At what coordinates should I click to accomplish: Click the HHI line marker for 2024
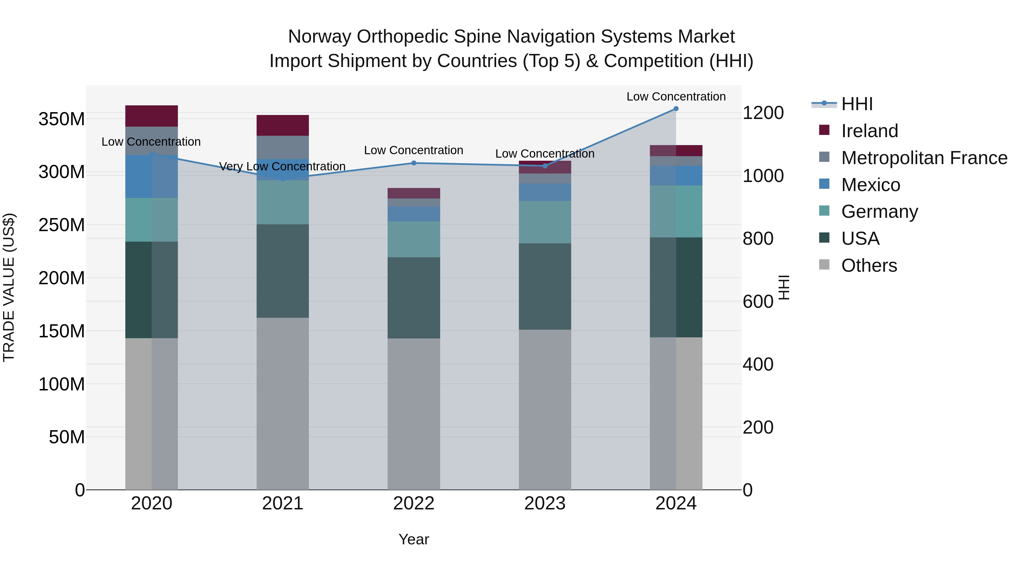click(676, 109)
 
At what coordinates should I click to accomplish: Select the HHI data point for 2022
click(414, 163)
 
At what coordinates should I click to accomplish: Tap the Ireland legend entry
click(869, 131)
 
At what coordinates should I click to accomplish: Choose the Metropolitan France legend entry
click(924, 158)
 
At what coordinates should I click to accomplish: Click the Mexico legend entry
click(870, 185)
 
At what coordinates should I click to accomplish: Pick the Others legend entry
click(869, 265)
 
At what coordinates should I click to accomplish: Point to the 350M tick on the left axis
click(62, 119)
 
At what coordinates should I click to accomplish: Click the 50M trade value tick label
click(67, 437)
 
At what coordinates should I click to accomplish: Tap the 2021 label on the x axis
click(283, 503)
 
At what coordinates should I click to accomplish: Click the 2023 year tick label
click(545, 503)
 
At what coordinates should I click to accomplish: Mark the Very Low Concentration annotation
click(282, 166)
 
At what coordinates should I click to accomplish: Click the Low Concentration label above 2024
click(676, 97)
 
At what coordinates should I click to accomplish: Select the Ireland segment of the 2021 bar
click(283, 126)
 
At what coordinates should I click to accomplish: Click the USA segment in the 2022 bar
click(414, 298)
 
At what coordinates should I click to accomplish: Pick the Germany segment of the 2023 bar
click(545, 222)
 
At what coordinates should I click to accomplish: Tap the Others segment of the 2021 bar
click(283, 403)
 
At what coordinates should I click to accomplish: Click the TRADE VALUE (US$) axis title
click(9, 287)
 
